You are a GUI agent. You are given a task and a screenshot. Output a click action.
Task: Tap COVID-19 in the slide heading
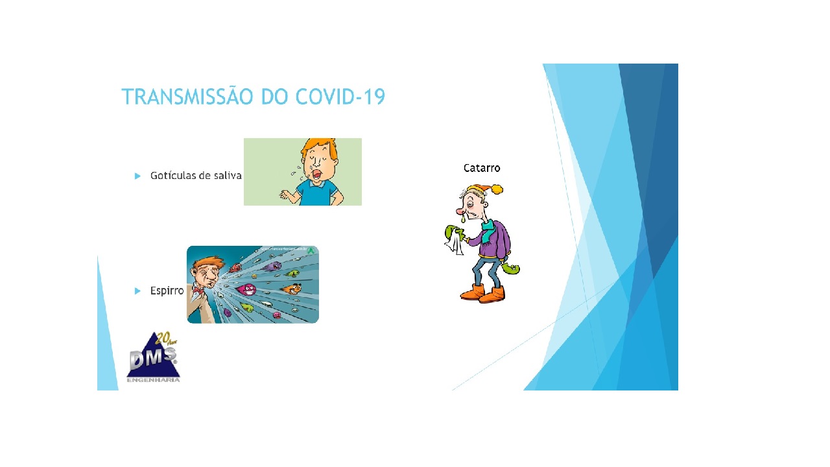click(x=340, y=97)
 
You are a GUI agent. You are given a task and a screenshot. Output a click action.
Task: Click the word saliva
click(x=228, y=176)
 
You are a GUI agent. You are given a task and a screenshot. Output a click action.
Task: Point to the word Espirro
click(x=167, y=291)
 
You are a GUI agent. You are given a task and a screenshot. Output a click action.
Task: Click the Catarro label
click(x=482, y=168)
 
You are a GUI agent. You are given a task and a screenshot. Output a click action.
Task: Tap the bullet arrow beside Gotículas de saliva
click(x=137, y=176)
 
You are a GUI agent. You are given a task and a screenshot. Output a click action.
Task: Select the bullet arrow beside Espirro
click(x=137, y=291)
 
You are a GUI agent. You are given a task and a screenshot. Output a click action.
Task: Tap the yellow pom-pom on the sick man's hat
click(x=497, y=189)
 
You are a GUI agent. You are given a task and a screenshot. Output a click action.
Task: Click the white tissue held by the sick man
click(x=455, y=243)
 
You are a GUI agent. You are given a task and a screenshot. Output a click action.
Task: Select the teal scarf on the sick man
click(x=485, y=229)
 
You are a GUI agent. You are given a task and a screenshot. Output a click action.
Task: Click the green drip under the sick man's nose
click(x=462, y=221)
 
